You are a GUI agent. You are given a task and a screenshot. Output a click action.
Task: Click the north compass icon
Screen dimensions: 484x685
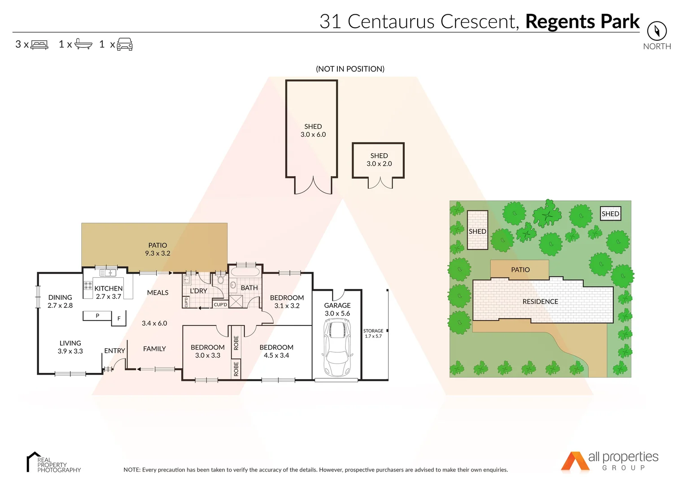pyautogui.click(x=657, y=31)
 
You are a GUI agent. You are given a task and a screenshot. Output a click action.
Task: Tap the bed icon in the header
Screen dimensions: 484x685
pyautogui.click(x=39, y=45)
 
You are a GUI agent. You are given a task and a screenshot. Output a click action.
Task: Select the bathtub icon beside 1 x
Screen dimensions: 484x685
pyautogui.click(x=83, y=44)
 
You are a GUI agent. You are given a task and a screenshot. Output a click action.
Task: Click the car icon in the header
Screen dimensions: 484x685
pyautogui.click(x=125, y=44)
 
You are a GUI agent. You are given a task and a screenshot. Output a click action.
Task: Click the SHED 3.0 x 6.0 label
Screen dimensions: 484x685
pyautogui.click(x=313, y=130)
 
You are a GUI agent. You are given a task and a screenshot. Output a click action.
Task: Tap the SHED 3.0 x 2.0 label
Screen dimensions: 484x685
pyautogui.click(x=379, y=160)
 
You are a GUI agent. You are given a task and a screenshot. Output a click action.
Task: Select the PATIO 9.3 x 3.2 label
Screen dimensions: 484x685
pyautogui.click(x=157, y=249)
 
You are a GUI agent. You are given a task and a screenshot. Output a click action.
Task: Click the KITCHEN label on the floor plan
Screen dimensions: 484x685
pyautogui.click(x=109, y=289)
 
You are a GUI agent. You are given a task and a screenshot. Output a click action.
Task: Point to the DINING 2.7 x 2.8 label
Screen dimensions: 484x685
pyautogui.click(x=60, y=301)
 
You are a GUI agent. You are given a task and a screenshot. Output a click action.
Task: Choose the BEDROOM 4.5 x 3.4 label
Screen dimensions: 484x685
pyautogui.click(x=276, y=351)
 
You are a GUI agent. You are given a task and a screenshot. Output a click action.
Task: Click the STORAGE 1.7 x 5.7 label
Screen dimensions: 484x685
pyautogui.click(x=373, y=333)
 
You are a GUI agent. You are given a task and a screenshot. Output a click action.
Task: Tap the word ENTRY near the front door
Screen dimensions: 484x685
pyautogui.click(x=114, y=351)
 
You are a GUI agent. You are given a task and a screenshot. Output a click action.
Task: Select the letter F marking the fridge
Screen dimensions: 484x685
pyautogui.click(x=119, y=319)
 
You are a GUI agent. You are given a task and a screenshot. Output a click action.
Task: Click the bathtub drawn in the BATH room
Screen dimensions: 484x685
pyautogui.click(x=244, y=272)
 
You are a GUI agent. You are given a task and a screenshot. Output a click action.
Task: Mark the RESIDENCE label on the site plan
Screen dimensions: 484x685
pyautogui.click(x=540, y=302)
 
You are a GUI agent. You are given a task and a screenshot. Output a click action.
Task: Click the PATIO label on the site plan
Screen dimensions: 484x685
pyautogui.click(x=520, y=270)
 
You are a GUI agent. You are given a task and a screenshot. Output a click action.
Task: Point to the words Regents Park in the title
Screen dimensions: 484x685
pyautogui.click(x=582, y=22)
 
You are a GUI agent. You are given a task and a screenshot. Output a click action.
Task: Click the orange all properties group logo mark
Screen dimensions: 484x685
pyautogui.click(x=575, y=462)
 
